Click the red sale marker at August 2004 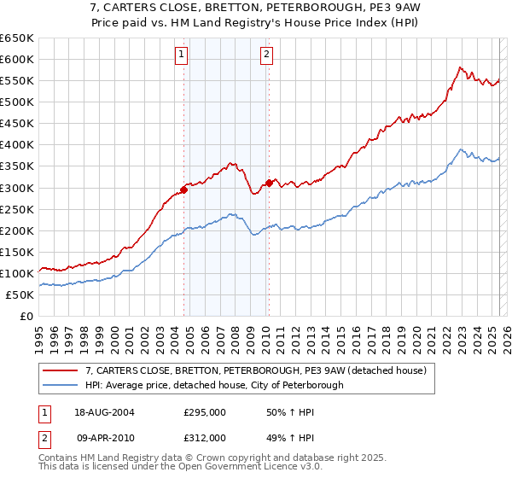(184, 189)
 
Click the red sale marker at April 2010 (269, 182)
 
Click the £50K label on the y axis (20, 294)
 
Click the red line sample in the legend (61, 370)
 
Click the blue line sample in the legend (61, 385)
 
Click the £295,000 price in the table (205, 412)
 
